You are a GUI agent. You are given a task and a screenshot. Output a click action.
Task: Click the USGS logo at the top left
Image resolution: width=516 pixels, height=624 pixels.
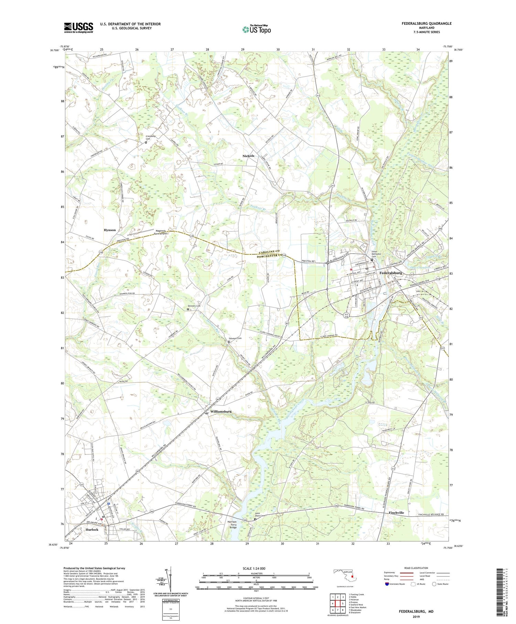78,28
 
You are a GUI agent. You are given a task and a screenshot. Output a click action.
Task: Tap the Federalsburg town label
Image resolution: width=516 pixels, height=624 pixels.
390,273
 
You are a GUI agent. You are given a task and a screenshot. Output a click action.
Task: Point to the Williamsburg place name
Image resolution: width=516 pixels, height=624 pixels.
221,412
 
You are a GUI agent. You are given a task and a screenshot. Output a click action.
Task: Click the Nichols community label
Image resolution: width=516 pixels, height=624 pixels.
248,156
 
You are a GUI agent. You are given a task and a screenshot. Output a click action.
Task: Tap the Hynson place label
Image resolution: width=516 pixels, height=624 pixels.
110,230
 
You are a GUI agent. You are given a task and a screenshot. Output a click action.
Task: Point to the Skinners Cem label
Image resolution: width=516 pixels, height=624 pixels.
194,306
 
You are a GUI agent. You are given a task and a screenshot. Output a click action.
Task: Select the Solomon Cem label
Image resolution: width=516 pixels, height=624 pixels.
235,338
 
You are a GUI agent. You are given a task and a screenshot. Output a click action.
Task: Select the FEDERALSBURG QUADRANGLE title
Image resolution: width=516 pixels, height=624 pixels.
427,23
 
